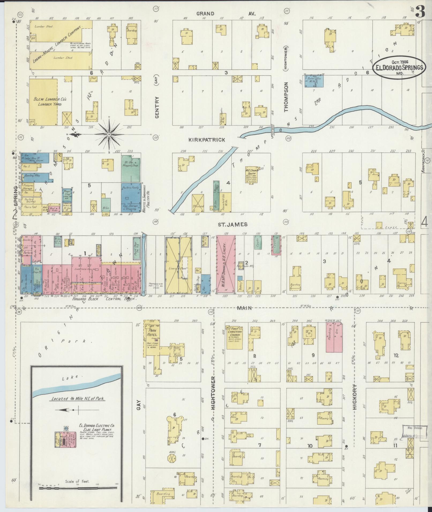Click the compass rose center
109,134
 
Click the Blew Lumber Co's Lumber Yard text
50,101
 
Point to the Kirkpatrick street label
206,140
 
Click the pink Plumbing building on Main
334,336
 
